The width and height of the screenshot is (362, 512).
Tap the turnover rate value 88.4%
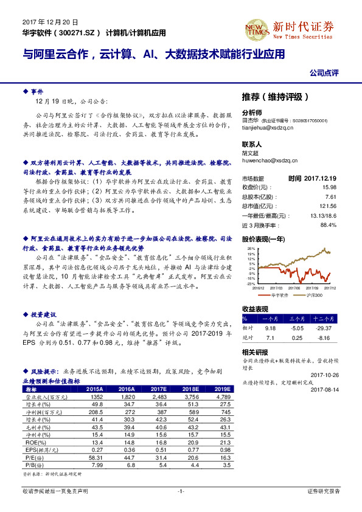click(x=328, y=224)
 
